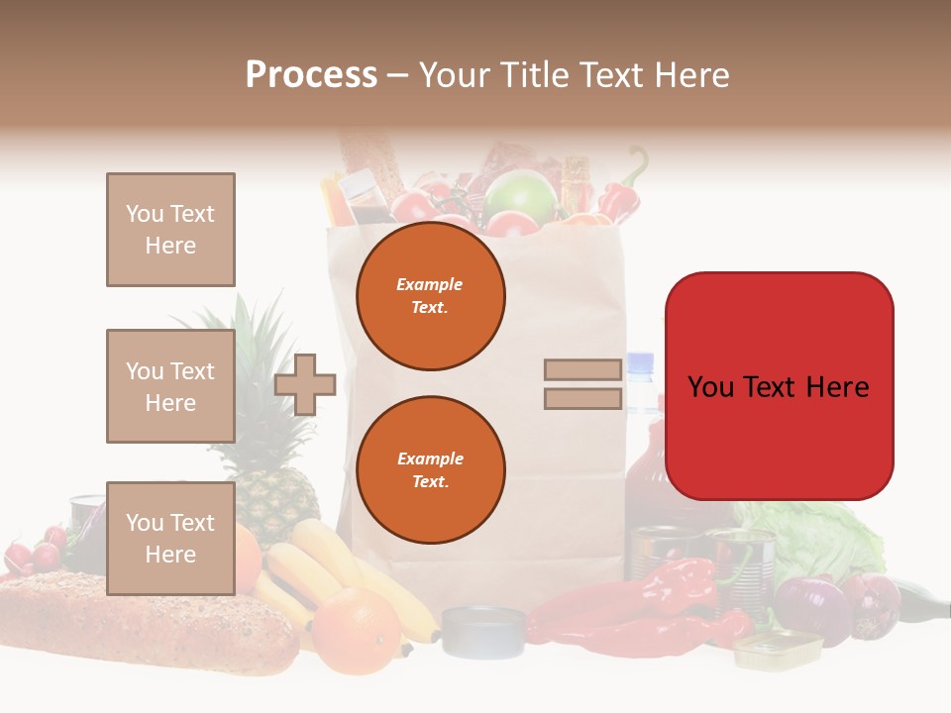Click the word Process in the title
311,74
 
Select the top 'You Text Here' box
170,230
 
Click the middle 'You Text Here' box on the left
170,386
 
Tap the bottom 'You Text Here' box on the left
170,539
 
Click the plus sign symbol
305,385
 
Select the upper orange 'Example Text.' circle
430,296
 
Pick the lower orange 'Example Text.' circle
430,470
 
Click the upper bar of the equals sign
583,369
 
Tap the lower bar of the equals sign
583,399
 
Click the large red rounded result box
779,386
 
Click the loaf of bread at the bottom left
139,624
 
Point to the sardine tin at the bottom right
778,649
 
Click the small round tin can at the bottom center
483,631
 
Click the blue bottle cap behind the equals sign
641,362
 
